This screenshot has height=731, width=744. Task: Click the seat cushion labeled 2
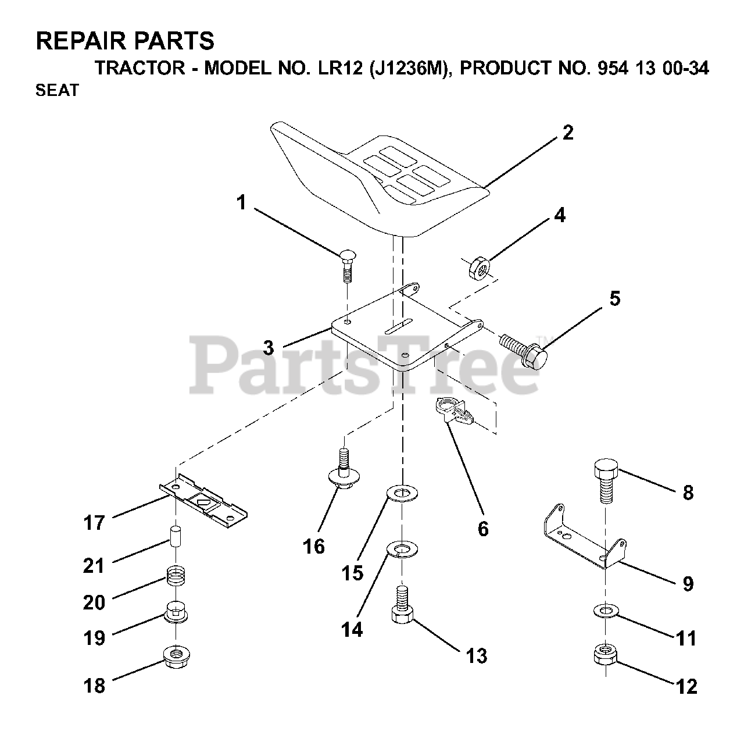(372, 180)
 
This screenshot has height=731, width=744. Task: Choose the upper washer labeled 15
(401, 495)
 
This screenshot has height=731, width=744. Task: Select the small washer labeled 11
(606, 611)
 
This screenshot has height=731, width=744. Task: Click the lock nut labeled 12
(605, 654)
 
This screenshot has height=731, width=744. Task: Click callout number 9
(688, 583)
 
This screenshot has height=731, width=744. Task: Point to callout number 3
(268, 348)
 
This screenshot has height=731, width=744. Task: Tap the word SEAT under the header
(57, 91)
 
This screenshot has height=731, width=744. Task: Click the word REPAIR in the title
(81, 41)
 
